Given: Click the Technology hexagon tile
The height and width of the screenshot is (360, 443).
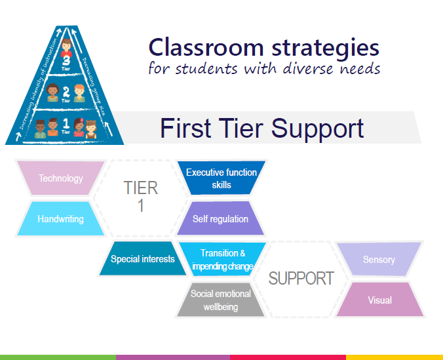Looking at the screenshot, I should point(60,178).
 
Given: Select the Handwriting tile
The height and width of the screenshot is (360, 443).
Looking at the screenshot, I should point(60,219).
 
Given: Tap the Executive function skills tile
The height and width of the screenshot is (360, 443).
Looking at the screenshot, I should point(221,178).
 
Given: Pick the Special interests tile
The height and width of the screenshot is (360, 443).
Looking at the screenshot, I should point(142,259).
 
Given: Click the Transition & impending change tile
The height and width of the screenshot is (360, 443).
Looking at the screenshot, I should point(223,260).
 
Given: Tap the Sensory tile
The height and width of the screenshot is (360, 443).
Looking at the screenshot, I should point(379,260).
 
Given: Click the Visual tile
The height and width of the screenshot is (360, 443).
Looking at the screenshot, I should point(379,300).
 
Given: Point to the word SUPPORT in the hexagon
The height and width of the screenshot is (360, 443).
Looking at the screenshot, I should point(301,278).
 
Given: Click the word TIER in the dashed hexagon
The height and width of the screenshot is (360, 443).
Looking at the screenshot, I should point(141,188).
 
